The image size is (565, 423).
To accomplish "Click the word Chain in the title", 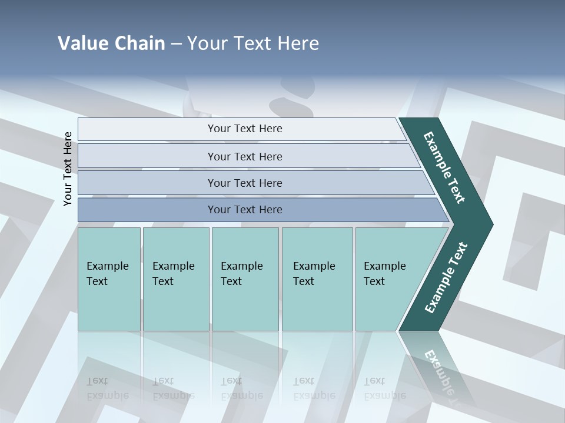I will click(139, 43).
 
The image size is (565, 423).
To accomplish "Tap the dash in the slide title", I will click(176, 44).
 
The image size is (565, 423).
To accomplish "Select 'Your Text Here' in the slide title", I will click(253, 43).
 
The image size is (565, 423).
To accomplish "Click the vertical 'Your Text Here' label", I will click(68, 169).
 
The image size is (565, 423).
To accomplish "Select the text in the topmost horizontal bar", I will click(245, 129).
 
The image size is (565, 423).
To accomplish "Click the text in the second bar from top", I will click(245, 156).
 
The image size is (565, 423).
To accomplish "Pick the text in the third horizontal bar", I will click(245, 183).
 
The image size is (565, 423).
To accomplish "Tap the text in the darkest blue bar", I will click(245, 209).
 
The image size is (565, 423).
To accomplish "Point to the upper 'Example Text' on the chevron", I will click(444, 167).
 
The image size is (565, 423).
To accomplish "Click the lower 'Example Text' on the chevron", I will click(446, 277).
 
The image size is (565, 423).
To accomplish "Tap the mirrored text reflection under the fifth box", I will click(384, 388).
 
